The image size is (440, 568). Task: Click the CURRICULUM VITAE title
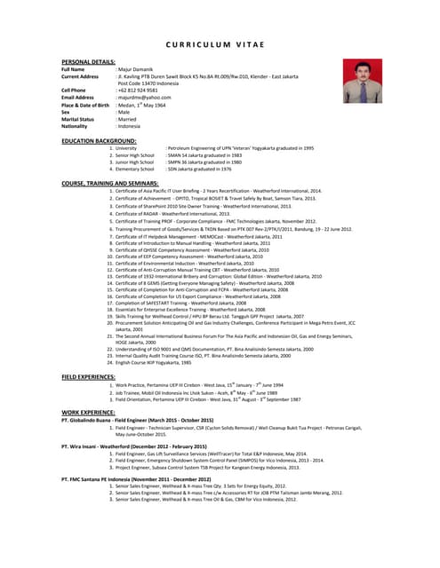coord(220,43)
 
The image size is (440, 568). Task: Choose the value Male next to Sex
coord(125,112)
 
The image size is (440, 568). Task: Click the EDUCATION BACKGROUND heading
coord(99,140)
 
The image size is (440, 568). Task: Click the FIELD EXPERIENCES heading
coord(89,376)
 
